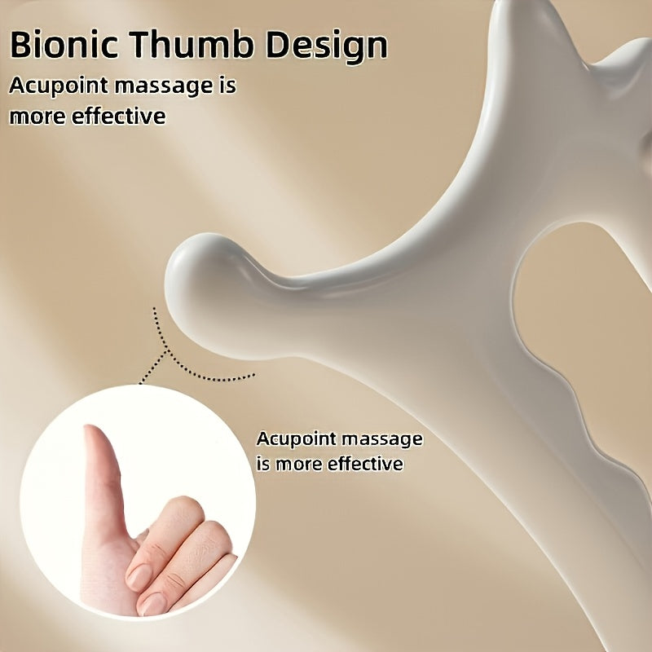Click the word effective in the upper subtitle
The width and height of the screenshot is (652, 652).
click(x=119, y=116)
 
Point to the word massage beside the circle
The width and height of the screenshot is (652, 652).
click(x=383, y=438)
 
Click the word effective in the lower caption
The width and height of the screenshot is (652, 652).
click(x=365, y=465)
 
